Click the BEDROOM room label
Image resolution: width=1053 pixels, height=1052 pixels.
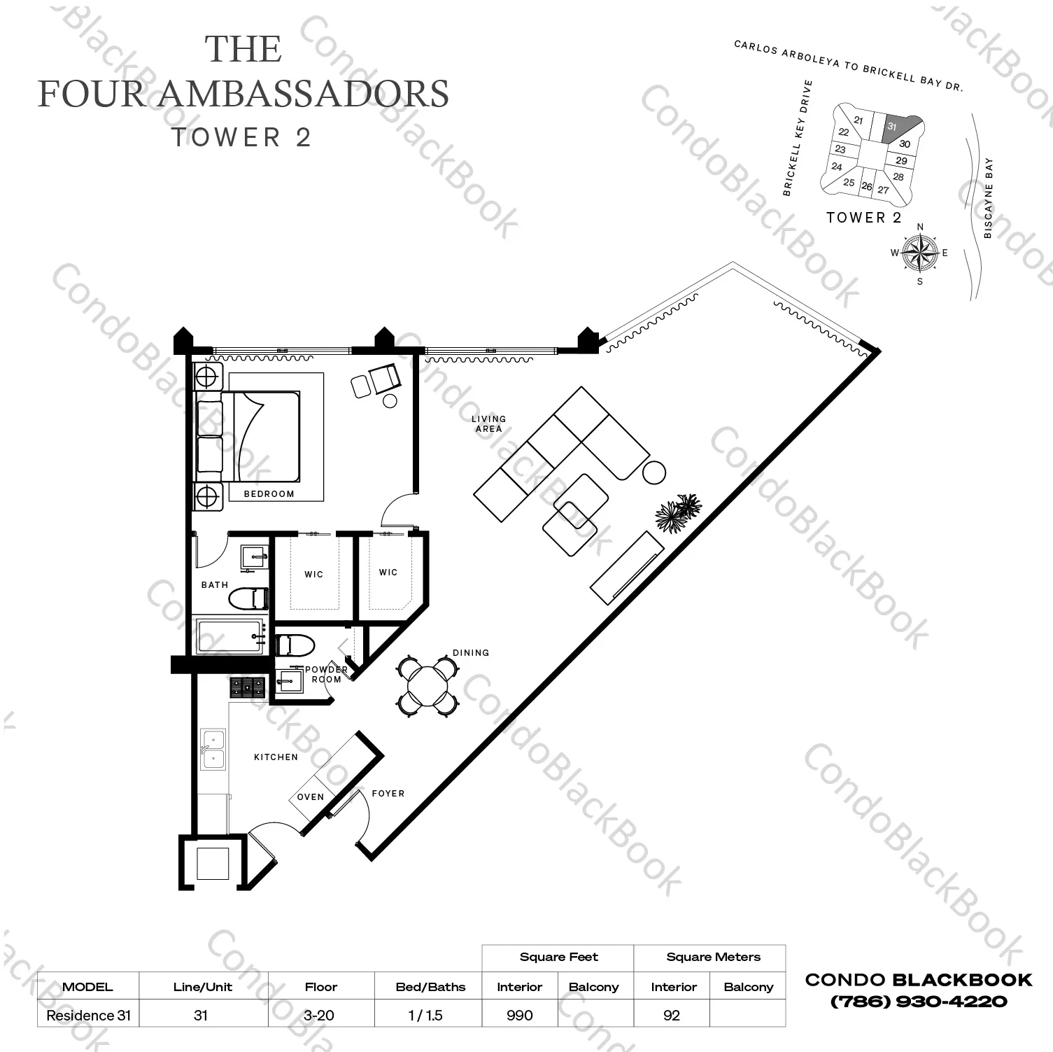coord(269,493)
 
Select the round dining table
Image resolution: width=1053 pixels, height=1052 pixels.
coord(427,685)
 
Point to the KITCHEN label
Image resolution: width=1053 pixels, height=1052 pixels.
coord(276,757)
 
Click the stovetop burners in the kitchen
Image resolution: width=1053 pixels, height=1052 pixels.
coord(248,687)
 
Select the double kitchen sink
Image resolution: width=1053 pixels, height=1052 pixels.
coord(213,750)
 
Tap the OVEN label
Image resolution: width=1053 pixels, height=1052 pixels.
coord(310,797)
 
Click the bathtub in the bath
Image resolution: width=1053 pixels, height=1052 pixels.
coord(230,636)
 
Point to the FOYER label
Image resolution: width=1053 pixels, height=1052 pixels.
coord(388,793)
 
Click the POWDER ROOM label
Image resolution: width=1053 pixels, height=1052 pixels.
coord(326,674)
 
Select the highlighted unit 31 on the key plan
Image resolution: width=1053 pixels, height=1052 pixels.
coord(898,128)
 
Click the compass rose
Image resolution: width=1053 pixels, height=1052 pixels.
coord(919,253)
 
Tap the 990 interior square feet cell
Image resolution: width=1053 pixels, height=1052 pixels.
coord(519,1015)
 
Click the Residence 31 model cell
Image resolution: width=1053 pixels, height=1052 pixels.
coord(88,1015)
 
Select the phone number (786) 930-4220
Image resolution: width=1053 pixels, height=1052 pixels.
coord(919,1002)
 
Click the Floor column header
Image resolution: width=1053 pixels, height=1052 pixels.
coord(320,987)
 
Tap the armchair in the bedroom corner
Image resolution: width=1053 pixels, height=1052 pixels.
coord(384,380)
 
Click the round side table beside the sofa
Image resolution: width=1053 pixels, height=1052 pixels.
coord(654,473)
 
